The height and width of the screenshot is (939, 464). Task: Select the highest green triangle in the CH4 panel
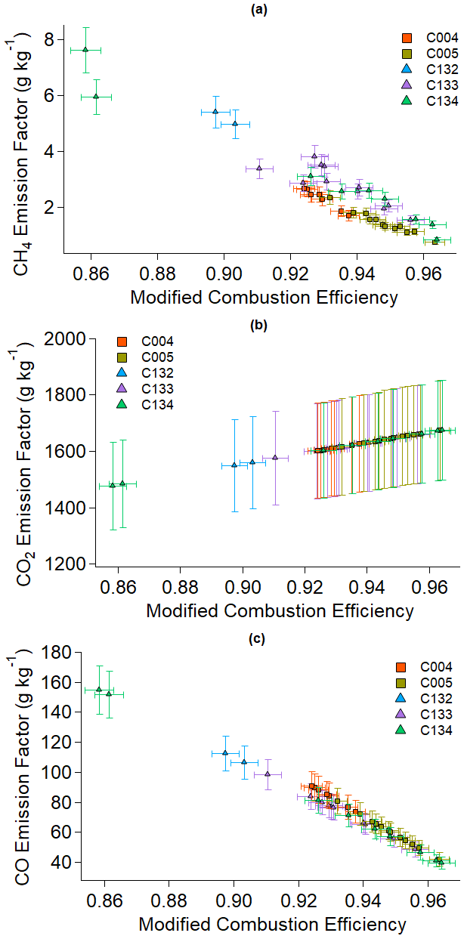pos(85,50)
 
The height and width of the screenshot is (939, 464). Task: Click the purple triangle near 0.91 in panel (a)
pos(259,168)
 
